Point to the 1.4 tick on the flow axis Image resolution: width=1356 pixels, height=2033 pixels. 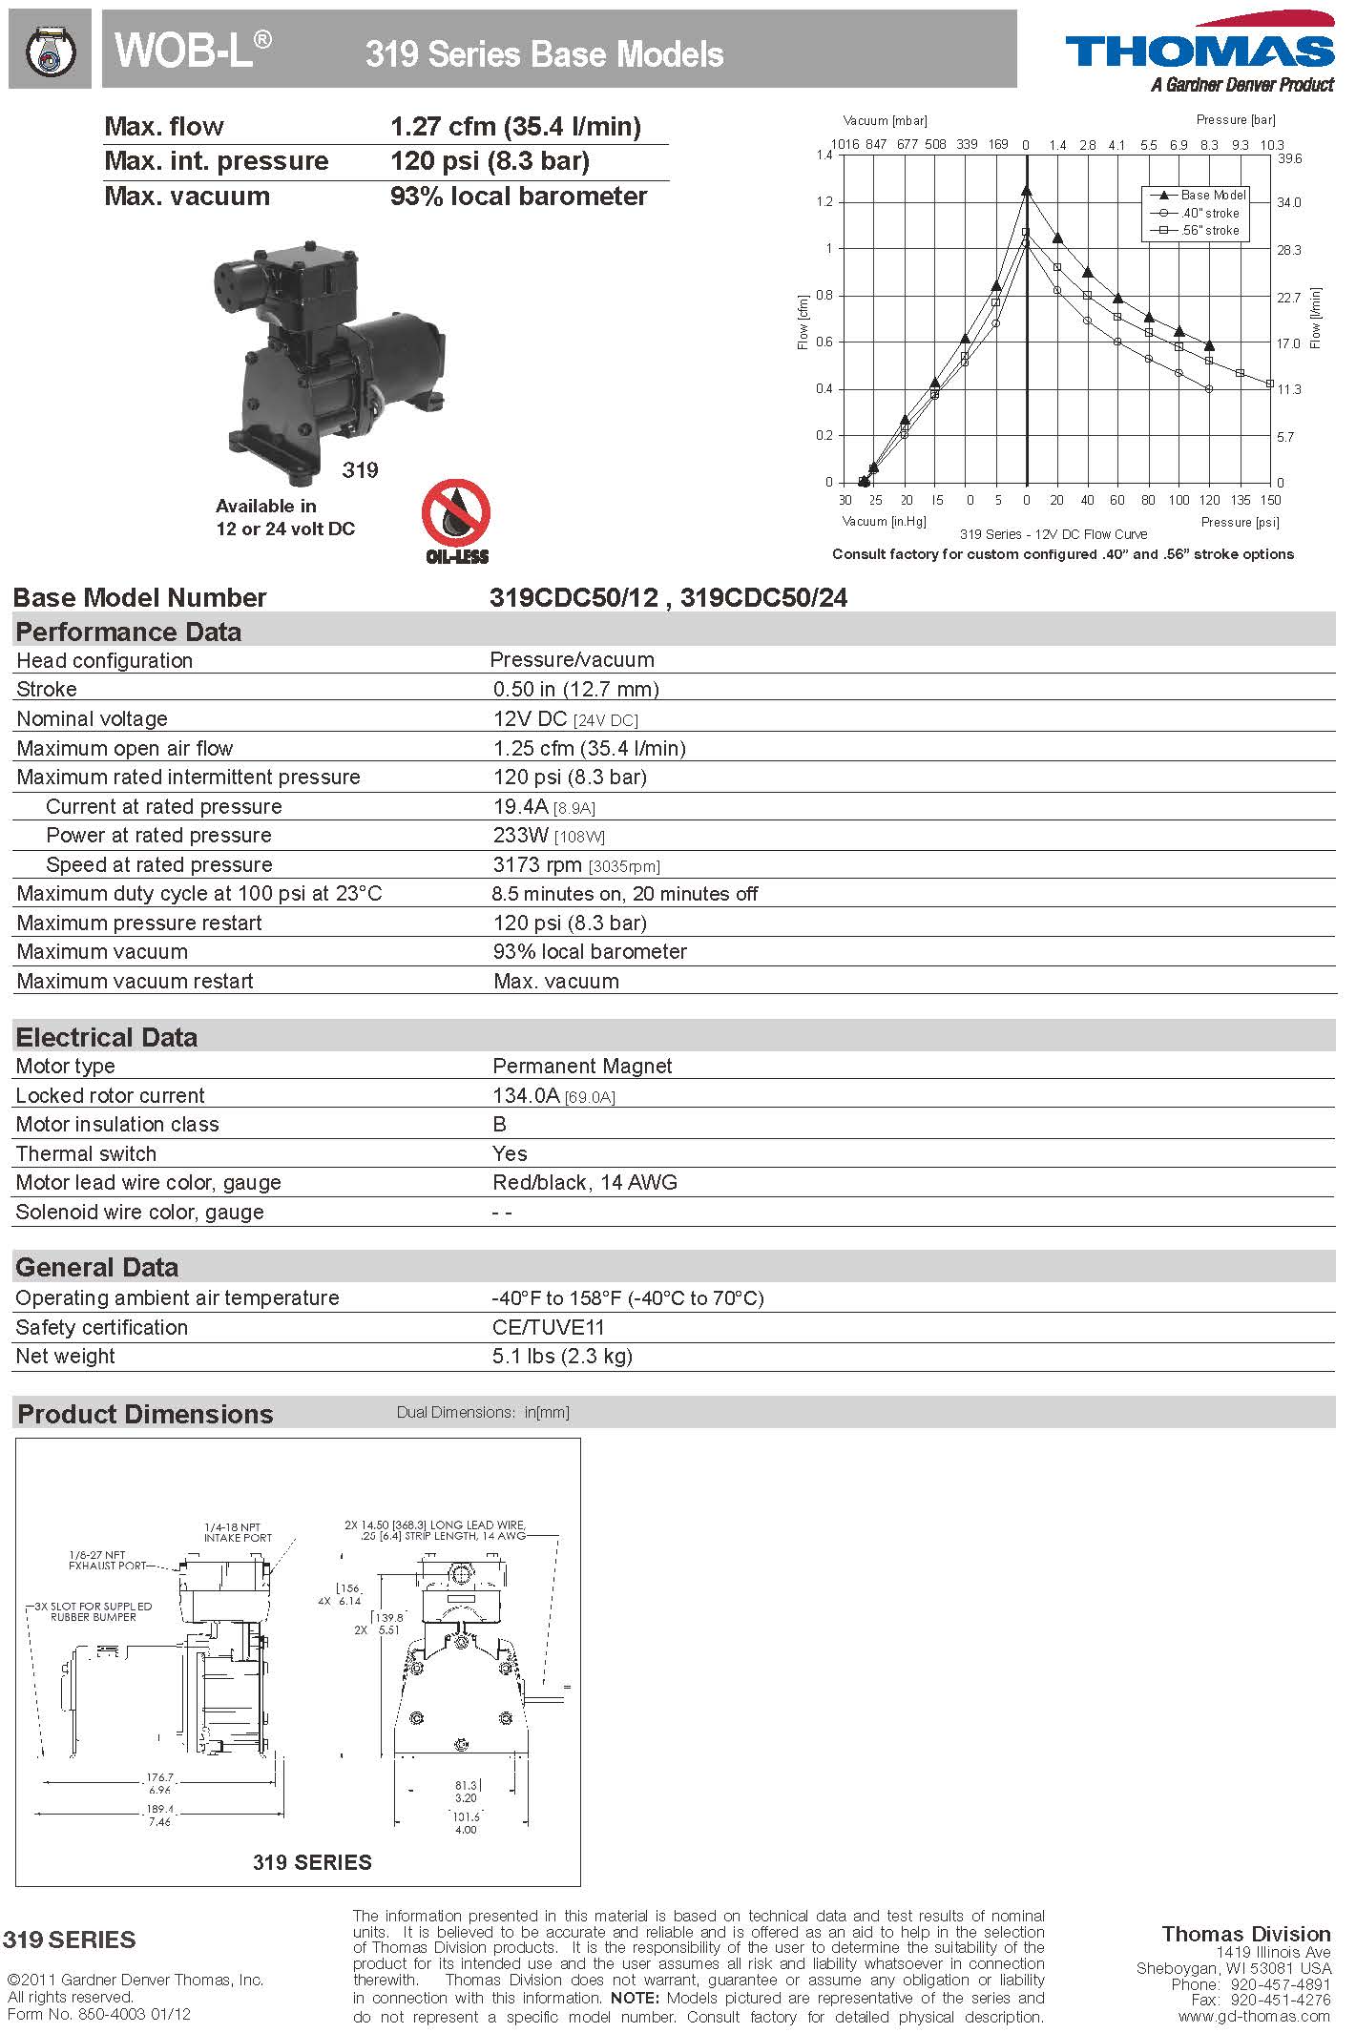[x=824, y=155]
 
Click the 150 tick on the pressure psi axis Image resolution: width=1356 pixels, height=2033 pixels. [x=1270, y=500]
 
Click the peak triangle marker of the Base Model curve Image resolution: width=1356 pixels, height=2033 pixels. [x=1027, y=191]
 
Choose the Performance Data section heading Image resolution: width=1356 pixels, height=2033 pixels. [x=129, y=632]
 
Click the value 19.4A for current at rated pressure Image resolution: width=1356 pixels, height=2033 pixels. [x=520, y=806]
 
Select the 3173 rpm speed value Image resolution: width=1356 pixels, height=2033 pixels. [x=537, y=864]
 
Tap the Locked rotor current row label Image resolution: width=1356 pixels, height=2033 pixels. [x=111, y=1095]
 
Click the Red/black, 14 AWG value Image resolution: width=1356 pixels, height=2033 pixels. [x=585, y=1182]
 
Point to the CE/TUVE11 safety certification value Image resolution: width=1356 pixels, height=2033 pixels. [x=549, y=1327]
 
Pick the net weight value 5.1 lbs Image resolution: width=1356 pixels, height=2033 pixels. [x=562, y=1356]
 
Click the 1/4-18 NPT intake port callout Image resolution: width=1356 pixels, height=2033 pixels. [x=238, y=1532]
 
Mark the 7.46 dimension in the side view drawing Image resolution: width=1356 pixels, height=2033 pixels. [x=159, y=1821]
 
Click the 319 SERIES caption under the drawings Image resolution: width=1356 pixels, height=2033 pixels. [x=312, y=1861]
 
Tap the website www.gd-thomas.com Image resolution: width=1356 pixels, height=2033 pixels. [x=1254, y=2015]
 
